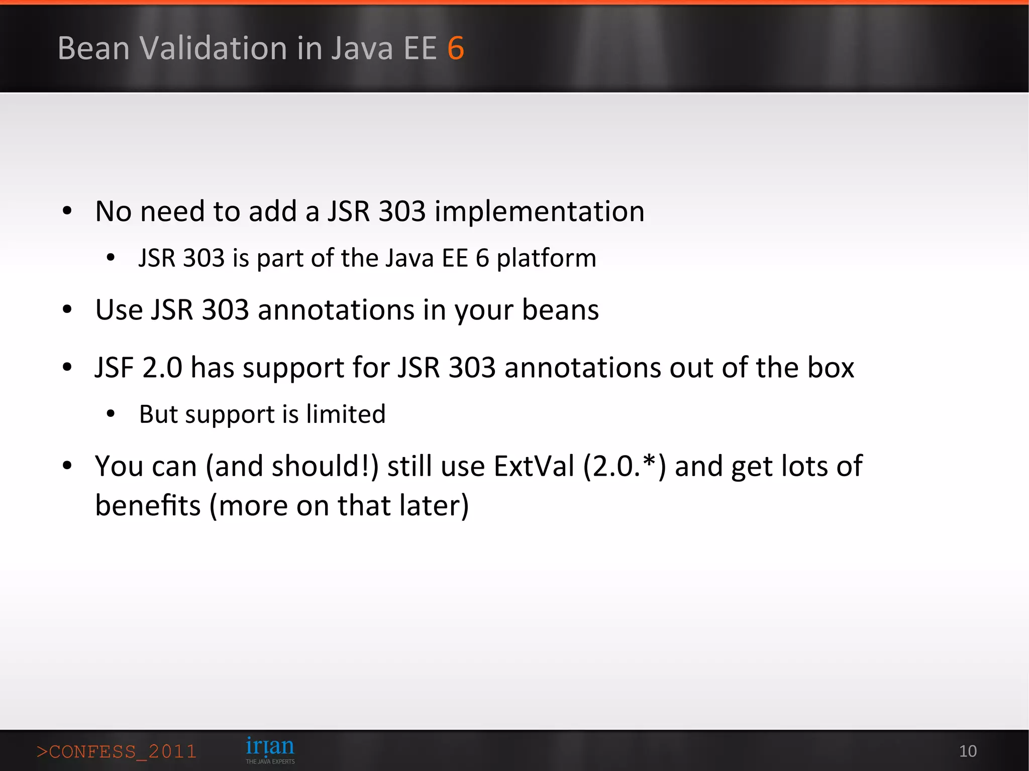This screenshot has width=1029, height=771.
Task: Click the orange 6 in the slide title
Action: click(456, 48)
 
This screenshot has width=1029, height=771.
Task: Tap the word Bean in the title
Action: click(94, 48)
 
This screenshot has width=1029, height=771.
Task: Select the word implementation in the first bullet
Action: click(539, 211)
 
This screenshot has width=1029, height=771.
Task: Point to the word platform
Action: click(546, 259)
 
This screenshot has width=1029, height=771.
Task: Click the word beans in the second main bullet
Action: click(560, 310)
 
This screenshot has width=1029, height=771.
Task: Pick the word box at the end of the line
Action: click(831, 367)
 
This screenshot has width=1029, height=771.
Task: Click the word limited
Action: click(346, 414)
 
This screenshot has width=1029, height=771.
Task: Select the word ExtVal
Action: click(534, 466)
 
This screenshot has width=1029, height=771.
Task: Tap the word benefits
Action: click(148, 505)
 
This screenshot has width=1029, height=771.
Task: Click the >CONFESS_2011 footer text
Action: click(117, 751)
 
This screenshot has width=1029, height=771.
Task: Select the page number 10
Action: click(968, 751)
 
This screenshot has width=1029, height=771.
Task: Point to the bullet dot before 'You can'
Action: click(67, 466)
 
